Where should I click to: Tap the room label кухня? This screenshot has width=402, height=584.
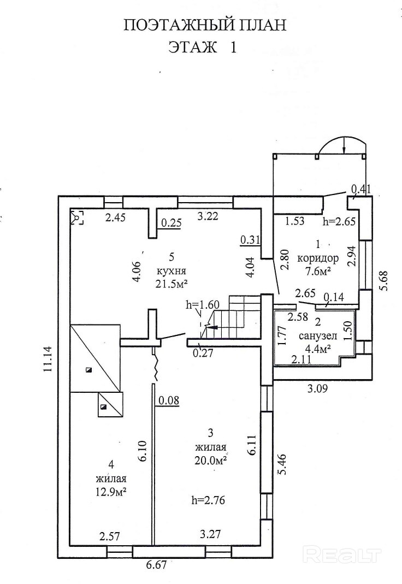pos(172,270)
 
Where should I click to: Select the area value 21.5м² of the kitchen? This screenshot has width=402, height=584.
pos(172,283)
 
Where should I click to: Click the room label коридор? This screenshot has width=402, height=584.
pos(318,258)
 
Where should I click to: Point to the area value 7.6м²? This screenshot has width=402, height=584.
pos(318,270)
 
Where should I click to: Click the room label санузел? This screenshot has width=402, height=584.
pos(315,335)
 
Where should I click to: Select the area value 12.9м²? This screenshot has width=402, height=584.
pos(111,491)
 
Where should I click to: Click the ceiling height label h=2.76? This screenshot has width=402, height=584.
pos(209,499)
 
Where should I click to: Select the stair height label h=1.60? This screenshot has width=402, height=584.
pos(202,305)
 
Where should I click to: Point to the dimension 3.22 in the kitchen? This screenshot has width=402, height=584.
pos(209,216)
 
